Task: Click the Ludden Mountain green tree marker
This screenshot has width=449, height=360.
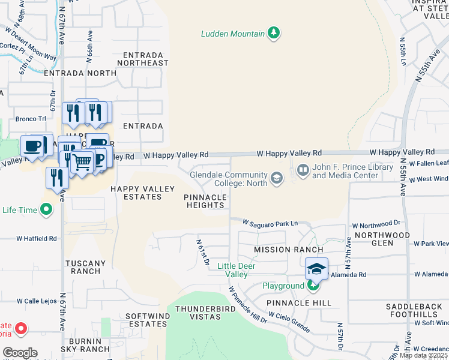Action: click(274, 32)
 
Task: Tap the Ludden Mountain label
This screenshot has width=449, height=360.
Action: click(232, 34)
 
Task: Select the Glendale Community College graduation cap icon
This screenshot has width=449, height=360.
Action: click(276, 177)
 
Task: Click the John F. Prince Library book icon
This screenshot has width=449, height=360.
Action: click(302, 171)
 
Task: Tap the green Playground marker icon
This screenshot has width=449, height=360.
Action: click(313, 286)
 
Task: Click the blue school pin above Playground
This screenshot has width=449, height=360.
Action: click(316, 269)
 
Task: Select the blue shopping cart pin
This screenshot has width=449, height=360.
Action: click(82, 162)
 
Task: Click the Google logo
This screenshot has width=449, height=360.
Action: click(20, 352)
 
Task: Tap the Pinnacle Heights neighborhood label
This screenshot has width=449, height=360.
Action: click(205, 201)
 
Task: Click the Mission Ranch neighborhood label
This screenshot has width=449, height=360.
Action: click(288, 249)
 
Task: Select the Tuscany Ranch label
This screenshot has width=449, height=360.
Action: click(85, 267)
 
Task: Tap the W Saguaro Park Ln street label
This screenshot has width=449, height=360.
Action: click(270, 223)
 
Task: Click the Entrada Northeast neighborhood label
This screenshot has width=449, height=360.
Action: click(142, 59)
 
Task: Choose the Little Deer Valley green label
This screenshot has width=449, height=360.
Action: click(232, 270)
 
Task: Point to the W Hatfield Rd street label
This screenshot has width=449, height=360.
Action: click(36, 238)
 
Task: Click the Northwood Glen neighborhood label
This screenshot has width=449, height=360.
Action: click(382, 239)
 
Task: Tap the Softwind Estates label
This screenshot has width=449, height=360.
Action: click(146, 320)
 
